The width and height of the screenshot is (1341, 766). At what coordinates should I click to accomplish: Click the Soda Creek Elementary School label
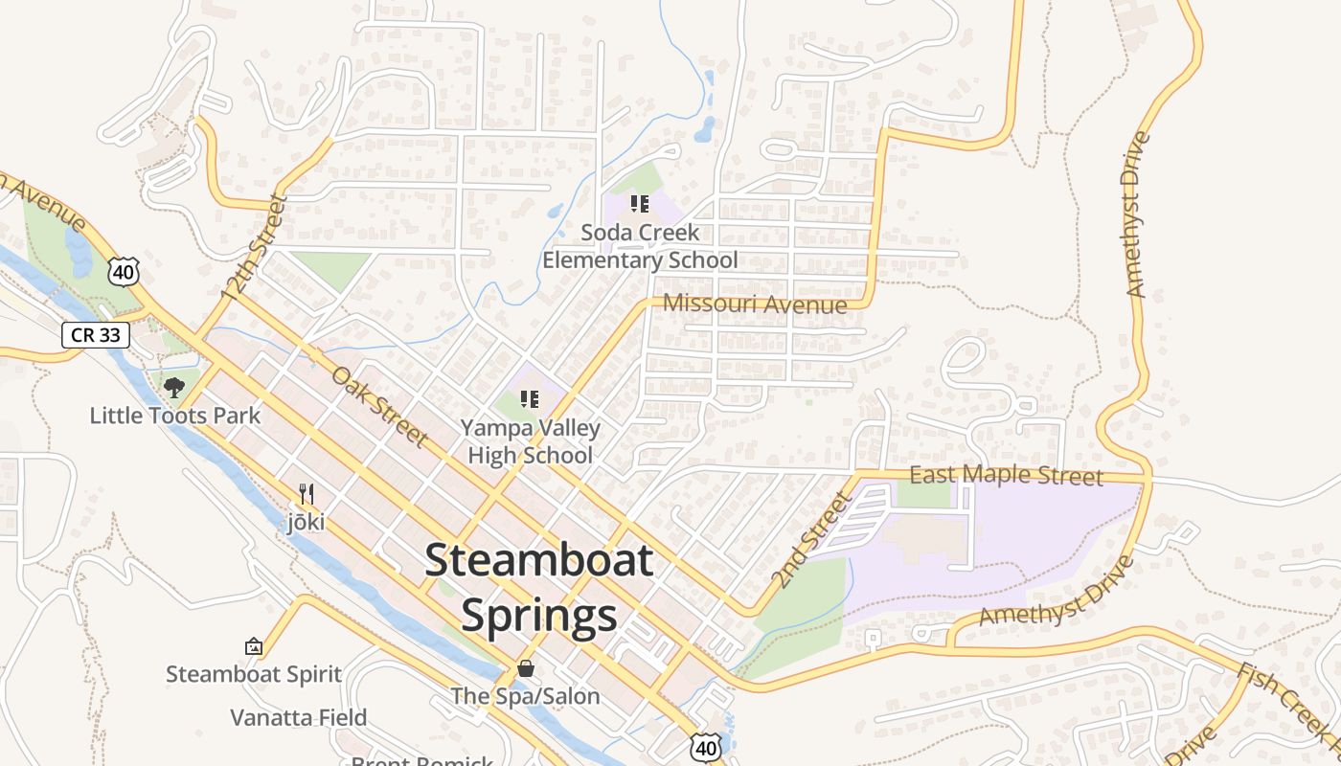(640, 247)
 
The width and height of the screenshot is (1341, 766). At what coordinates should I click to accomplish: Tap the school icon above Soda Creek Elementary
(640, 204)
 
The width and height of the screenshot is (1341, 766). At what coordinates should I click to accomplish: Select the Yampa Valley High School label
(530, 441)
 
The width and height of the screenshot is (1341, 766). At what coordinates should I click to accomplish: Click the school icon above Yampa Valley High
(529, 399)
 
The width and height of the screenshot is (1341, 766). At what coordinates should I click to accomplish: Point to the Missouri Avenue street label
(755, 304)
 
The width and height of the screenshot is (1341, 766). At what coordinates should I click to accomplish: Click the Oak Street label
(379, 406)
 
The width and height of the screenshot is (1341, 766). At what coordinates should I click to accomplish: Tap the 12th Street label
(254, 248)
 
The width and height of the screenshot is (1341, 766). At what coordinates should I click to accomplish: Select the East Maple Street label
(1006, 476)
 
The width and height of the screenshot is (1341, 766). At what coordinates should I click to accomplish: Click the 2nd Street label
(810, 541)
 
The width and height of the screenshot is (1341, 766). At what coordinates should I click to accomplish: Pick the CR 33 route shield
(95, 335)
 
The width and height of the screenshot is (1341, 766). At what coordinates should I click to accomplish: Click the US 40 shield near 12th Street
(124, 273)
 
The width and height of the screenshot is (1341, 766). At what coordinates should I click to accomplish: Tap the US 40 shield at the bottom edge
(706, 748)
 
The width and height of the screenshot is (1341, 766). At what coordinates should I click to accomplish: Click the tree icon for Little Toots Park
(173, 388)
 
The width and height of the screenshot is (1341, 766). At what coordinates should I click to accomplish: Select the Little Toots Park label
(174, 416)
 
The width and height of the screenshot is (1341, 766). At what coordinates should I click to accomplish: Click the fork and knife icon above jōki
(306, 494)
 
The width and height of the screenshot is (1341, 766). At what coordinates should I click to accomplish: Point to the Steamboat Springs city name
(538, 588)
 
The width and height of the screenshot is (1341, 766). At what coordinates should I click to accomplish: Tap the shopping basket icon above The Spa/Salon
(525, 668)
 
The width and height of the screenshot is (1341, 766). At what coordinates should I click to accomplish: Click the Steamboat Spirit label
(254, 674)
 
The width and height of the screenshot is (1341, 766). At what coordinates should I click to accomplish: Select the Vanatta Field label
(298, 717)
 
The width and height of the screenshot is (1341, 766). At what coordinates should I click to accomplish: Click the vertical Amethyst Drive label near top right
(1137, 215)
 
